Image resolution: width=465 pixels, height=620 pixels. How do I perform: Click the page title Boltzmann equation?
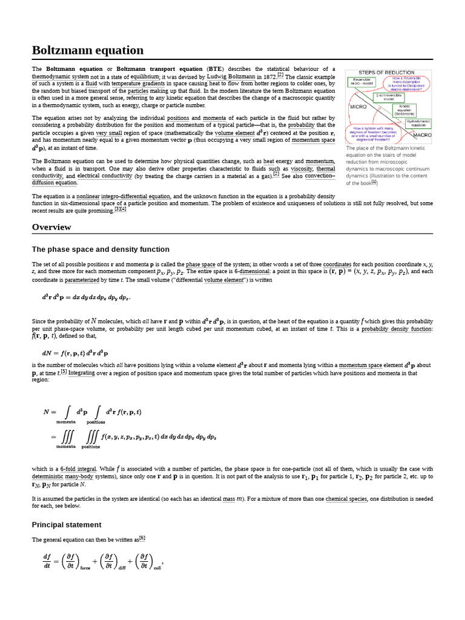click(x=88, y=50)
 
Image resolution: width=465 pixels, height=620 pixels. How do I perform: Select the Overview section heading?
click(x=51, y=227)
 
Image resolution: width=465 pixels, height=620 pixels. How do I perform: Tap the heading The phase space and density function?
click(x=101, y=249)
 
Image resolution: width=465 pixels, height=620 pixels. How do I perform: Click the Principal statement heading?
click(x=67, y=524)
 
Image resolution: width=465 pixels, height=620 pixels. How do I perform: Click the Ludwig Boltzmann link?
click(x=231, y=77)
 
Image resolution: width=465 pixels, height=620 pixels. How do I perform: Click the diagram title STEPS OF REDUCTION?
click(x=386, y=73)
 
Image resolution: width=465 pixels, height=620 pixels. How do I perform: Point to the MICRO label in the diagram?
click(x=358, y=107)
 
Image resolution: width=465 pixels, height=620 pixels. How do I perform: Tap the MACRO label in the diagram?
click(x=422, y=135)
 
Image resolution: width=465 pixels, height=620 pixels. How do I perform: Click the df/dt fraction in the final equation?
click(x=47, y=561)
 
